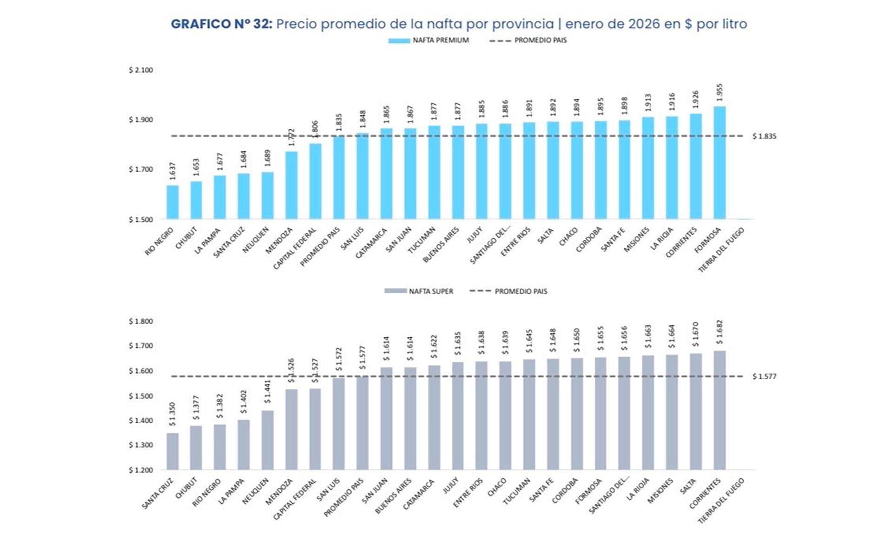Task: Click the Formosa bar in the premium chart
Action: coord(720,163)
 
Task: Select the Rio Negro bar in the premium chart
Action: coord(173,202)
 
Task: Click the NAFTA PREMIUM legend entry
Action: coord(429,40)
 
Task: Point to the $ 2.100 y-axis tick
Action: coord(141,70)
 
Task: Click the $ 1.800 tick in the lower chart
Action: coord(141,321)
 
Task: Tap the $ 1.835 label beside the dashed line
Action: coord(764,136)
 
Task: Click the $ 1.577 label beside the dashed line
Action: coord(764,376)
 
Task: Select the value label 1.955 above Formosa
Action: coord(720,92)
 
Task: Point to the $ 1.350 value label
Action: coord(173,414)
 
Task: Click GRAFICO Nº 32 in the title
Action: coord(221,24)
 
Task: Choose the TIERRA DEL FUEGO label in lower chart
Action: coord(721,500)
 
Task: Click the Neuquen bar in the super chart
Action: coord(267,440)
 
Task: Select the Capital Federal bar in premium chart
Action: coord(315,181)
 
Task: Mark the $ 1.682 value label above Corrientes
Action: coord(720,332)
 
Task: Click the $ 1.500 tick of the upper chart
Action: coord(141,220)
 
